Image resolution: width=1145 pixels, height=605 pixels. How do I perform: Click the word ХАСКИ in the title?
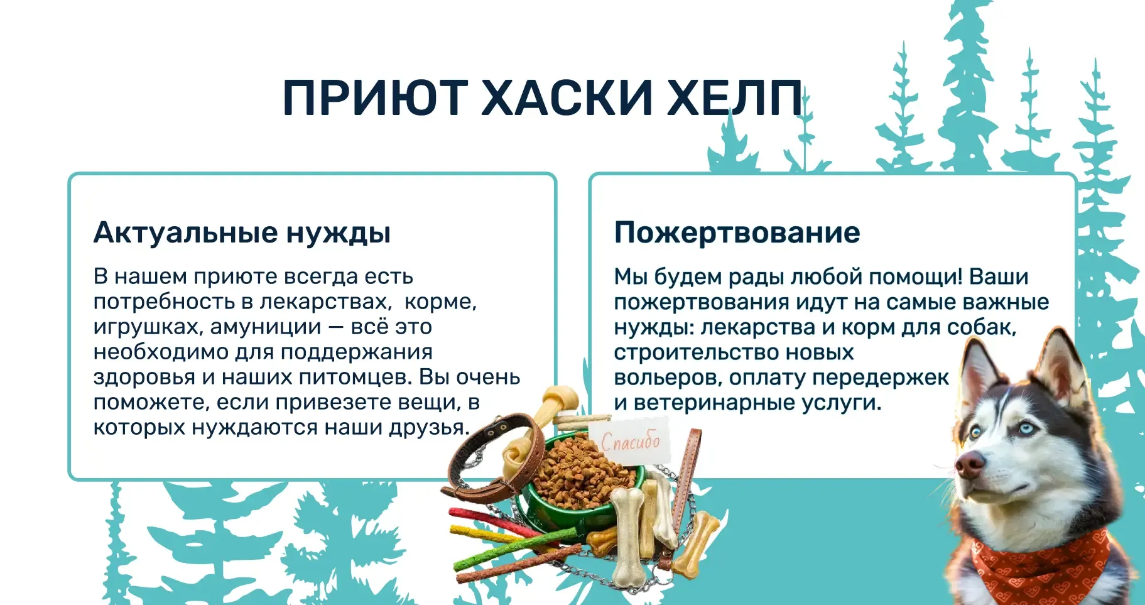[x=568, y=99]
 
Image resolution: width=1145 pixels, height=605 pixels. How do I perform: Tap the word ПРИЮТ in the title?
[x=375, y=99]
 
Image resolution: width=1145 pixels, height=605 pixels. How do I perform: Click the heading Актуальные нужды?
[x=242, y=233]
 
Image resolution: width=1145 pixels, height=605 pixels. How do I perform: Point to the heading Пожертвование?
[x=737, y=232]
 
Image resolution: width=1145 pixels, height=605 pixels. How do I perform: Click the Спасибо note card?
[x=629, y=441]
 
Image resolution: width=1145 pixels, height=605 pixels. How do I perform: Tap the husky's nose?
[x=968, y=466]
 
